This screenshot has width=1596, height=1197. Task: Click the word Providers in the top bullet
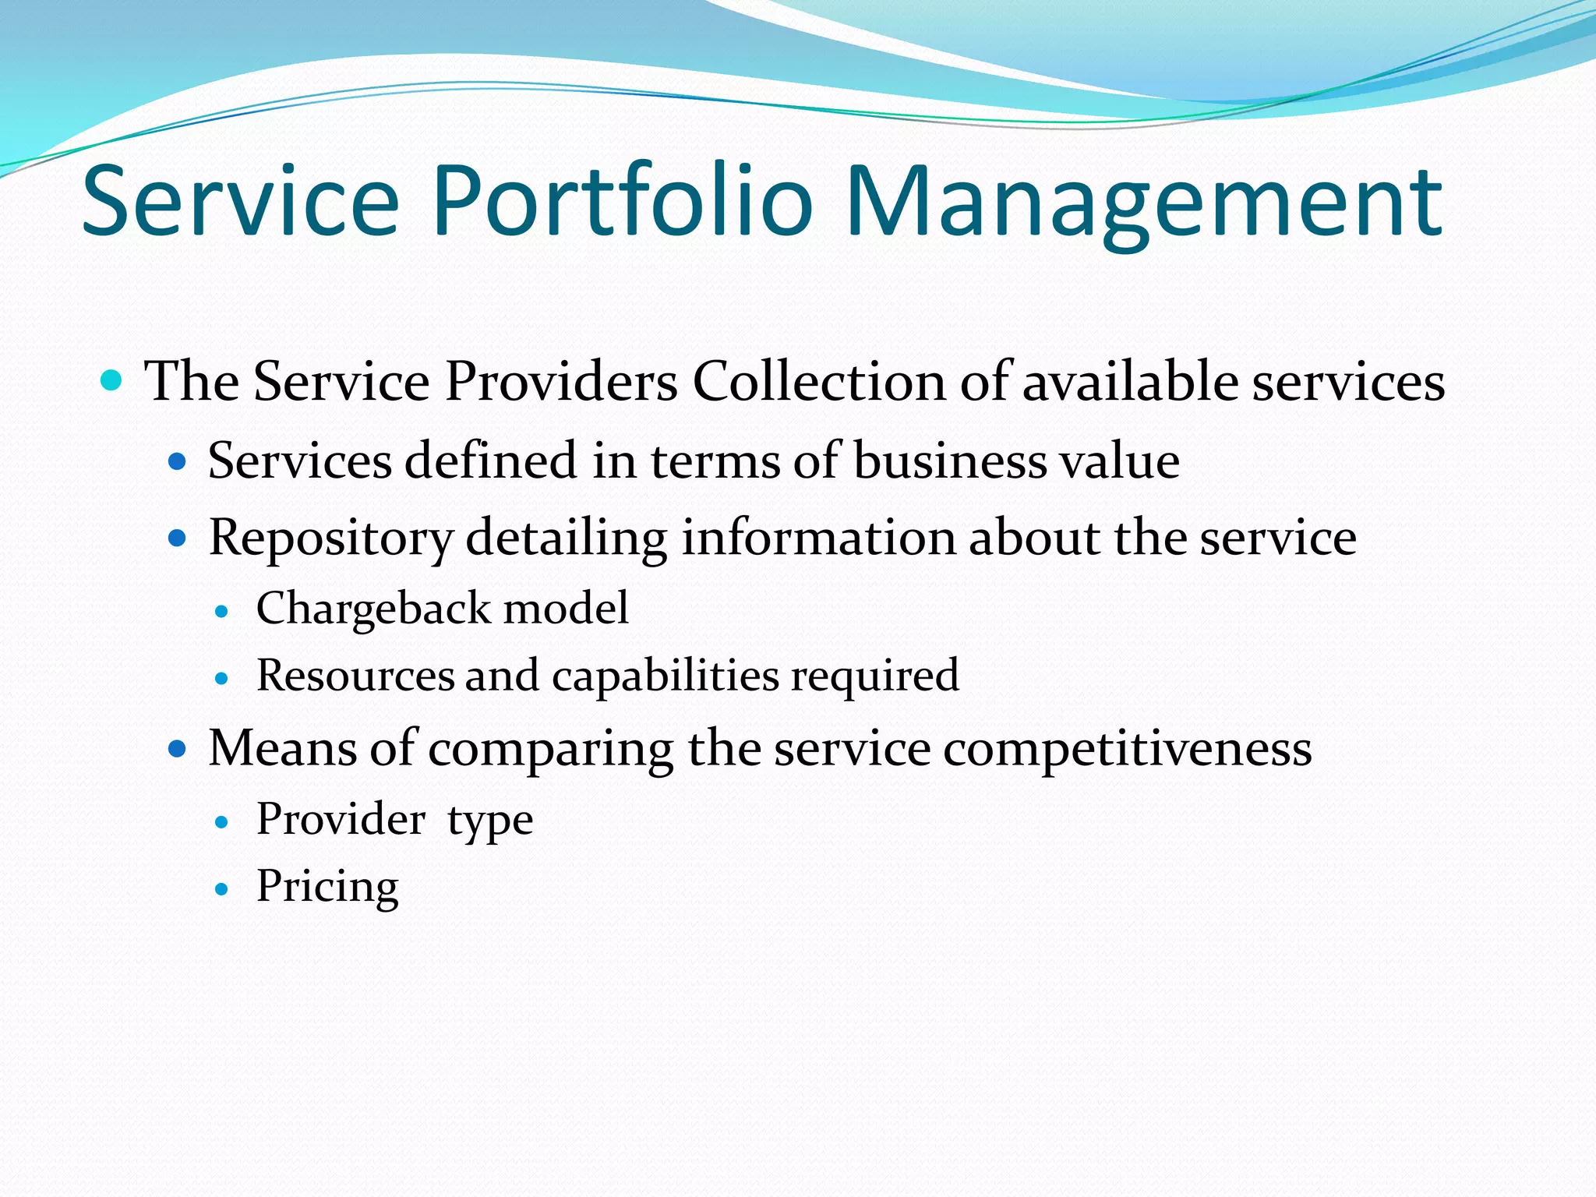click(561, 382)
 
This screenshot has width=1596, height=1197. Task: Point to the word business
click(950, 461)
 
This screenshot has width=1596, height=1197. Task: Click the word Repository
click(330, 538)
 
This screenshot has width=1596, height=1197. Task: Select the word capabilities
click(666, 676)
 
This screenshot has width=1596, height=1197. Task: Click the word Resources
click(355, 675)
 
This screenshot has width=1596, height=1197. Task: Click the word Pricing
click(327, 887)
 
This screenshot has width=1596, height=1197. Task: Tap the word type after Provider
click(490, 821)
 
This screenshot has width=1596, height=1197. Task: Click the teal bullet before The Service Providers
click(112, 381)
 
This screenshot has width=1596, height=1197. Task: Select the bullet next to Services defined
click(178, 462)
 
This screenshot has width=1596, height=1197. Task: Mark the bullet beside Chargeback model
click(222, 612)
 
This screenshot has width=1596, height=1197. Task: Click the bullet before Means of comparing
click(178, 750)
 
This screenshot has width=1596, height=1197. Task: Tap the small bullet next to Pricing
click(222, 888)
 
